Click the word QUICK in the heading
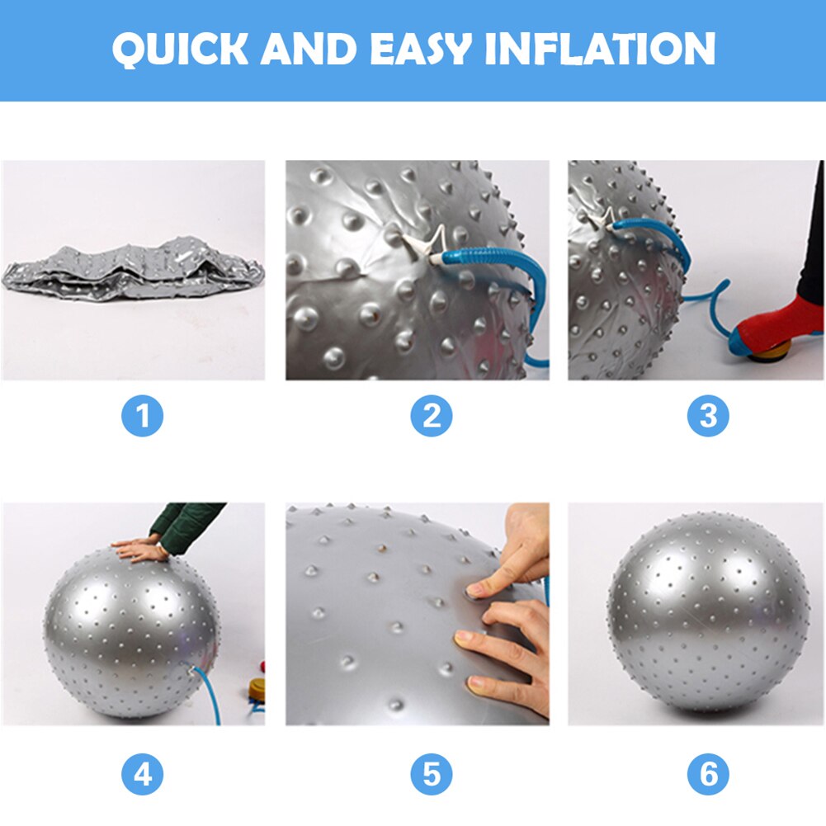(x=181, y=50)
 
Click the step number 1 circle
(x=143, y=417)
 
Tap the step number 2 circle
(x=431, y=417)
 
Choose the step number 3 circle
(x=708, y=417)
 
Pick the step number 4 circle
(x=143, y=775)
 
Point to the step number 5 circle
(x=431, y=775)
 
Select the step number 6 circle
(x=708, y=775)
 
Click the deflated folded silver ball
(x=132, y=268)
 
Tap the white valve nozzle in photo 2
(x=417, y=246)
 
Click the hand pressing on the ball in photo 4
(x=136, y=548)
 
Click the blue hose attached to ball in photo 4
(x=210, y=697)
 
